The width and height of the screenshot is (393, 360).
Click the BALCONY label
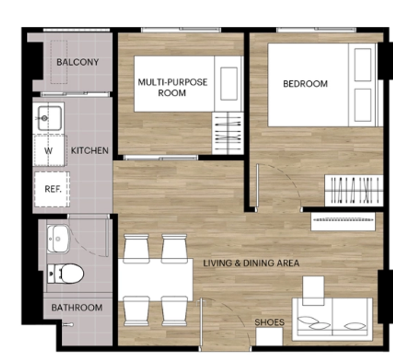pyautogui.click(x=78, y=62)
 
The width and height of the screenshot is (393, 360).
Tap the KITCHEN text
pyautogui.click(x=90, y=151)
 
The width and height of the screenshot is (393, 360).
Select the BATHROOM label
pyautogui.click(x=77, y=308)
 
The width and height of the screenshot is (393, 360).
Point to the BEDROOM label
pyautogui.click(x=305, y=84)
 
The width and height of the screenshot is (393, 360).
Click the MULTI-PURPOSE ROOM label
pyautogui.click(x=173, y=88)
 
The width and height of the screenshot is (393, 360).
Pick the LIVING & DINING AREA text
pyautogui.click(x=251, y=263)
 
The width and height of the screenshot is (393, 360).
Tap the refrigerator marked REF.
pyautogui.click(x=52, y=189)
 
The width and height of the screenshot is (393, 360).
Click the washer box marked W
pyautogui.click(x=50, y=150)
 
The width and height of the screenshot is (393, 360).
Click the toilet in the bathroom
pyautogui.click(x=65, y=273)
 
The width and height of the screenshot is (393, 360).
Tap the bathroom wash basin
pyautogui.click(x=58, y=238)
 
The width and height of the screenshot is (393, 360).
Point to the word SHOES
pyautogui.click(x=269, y=322)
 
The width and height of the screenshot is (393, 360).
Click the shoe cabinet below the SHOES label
pyautogui.click(x=269, y=337)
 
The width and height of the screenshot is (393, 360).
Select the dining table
pyautogui.click(x=156, y=280)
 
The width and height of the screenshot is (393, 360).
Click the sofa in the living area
pyautogui.click(x=332, y=319)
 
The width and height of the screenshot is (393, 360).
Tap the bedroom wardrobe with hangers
pyautogui.click(x=354, y=191)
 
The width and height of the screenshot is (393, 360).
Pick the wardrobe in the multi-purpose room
pyautogui.click(x=228, y=134)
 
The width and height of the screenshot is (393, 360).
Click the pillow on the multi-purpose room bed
pyautogui.click(x=229, y=84)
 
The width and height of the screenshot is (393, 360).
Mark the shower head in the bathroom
pyautogui.click(x=68, y=325)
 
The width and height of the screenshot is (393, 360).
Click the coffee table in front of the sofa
pyautogui.click(x=313, y=291)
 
